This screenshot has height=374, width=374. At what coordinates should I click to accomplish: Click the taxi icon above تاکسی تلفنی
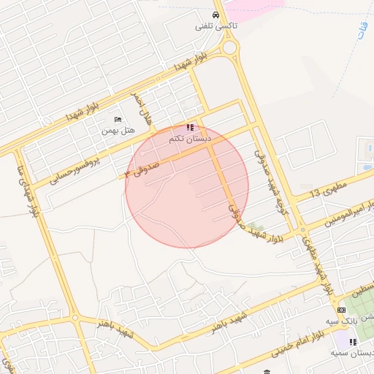coord(215,15)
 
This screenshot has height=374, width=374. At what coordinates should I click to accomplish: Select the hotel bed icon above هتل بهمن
coord(118,119)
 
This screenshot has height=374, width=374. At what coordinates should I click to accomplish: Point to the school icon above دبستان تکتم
coord(191,127)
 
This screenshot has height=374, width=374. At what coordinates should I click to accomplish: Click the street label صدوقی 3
coord(151,169)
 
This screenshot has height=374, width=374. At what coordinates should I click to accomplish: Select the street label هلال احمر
coord(143,106)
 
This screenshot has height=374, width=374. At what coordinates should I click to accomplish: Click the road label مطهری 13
coord(325,193)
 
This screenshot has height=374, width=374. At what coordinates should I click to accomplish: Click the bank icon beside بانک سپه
coord(342,310)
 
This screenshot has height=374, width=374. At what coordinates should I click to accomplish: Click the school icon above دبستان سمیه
coord(354,342)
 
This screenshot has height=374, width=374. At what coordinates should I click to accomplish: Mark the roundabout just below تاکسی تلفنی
coord(230,48)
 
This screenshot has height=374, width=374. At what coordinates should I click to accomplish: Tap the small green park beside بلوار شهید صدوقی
coord(253,229)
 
